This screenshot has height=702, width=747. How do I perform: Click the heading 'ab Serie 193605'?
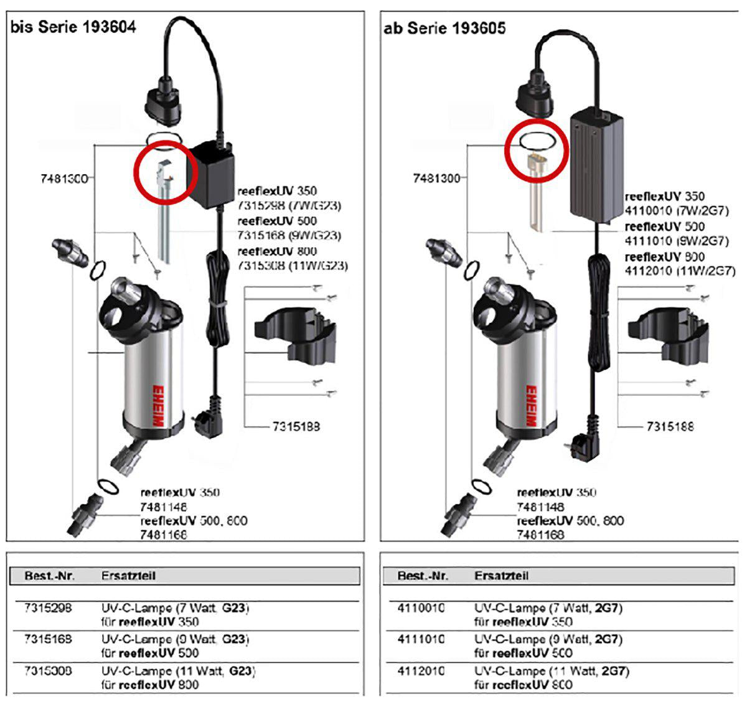[x=444, y=28]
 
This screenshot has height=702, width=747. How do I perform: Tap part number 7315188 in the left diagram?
[x=296, y=427]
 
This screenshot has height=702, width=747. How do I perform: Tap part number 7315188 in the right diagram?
[x=670, y=427]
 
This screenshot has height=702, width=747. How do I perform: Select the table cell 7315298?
[x=48, y=607]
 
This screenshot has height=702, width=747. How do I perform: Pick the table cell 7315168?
[x=48, y=639]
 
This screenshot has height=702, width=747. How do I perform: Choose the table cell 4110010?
[x=421, y=607]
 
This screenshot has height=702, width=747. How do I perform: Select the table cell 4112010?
[x=421, y=672]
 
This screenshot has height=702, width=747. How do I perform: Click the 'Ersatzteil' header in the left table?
[x=128, y=576]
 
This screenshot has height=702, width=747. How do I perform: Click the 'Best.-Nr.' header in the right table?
[x=423, y=576]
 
